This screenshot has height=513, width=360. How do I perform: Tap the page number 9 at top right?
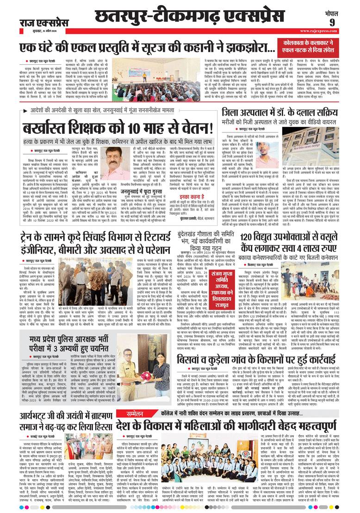(345, 23)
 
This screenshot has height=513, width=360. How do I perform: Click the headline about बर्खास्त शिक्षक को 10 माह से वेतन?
(116, 128)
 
